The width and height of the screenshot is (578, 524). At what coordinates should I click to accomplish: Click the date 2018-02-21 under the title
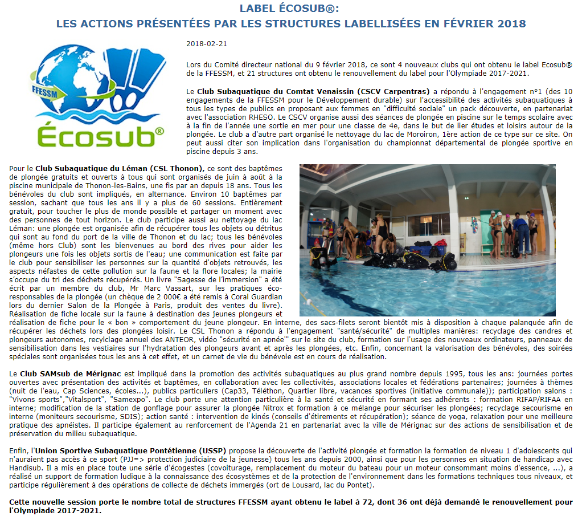tap(203, 44)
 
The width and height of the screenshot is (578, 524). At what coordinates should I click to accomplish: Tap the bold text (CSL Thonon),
tap(178, 169)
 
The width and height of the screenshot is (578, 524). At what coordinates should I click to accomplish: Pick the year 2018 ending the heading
tap(509, 24)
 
